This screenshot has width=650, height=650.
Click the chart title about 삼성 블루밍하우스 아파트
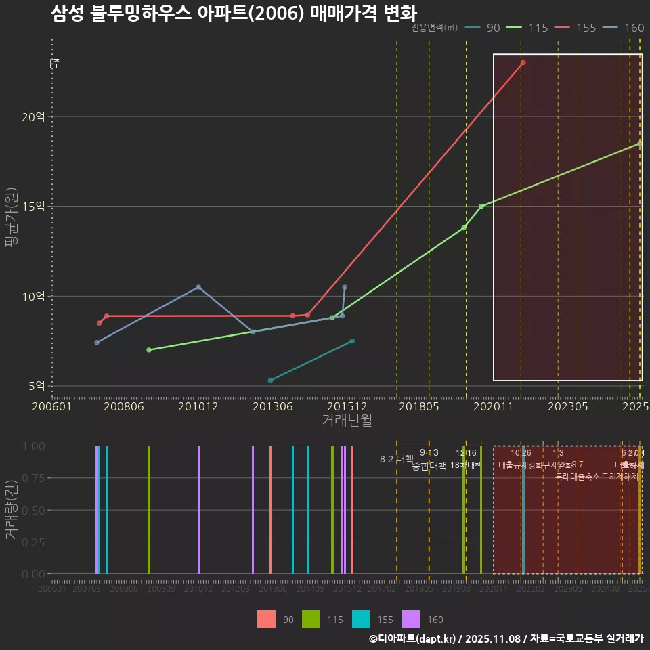(x=234, y=14)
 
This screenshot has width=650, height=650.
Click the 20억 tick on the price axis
(x=33, y=116)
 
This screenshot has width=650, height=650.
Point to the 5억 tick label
(x=37, y=386)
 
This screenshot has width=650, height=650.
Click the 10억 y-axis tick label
(x=33, y=296)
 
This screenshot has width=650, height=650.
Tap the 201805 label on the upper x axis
(x=420, y=406)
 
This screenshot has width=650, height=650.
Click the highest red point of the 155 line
(x=523, y=63)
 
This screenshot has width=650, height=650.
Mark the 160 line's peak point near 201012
(x=198, y=287)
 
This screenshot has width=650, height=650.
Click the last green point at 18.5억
(x=639, y=144)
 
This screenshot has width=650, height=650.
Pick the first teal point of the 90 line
(x=270, y=381)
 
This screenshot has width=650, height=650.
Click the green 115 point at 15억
(x=481, y=207)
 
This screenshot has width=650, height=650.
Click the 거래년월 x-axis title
(x=347, y=420)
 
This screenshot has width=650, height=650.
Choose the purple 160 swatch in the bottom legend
(x=411, y=619)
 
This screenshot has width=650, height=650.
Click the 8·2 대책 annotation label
(x=397, y=459)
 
